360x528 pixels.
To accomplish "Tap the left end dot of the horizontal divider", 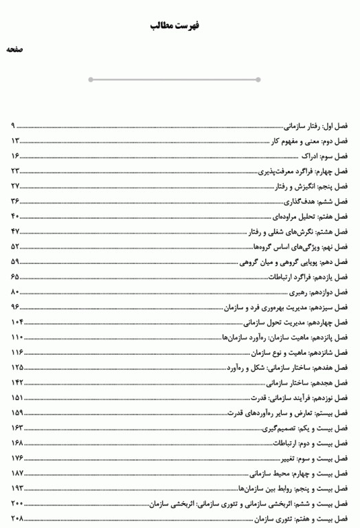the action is click(91, 80).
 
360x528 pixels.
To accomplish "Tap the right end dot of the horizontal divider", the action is click(258, 80).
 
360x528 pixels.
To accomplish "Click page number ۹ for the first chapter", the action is click(13, 126).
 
